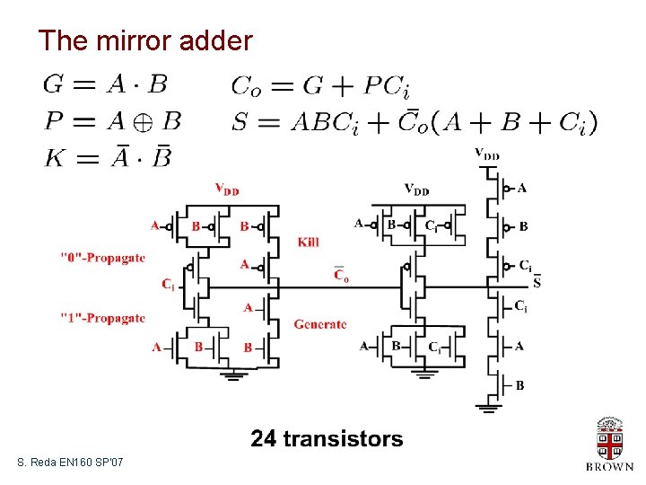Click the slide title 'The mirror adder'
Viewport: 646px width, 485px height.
coord(145,40)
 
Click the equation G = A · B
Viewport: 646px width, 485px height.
coord(105,84)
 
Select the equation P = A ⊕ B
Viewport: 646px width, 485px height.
coord(111,121)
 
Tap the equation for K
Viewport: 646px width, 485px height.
coord(108,158)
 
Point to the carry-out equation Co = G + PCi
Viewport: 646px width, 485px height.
coord(320,86)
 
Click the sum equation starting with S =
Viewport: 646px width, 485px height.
coord(414,121)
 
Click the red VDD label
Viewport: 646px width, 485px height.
coord(227,190)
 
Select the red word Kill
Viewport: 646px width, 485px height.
coord(309,242)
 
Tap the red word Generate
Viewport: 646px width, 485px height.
coord(319,324)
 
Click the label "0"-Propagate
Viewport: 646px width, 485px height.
coord(102,258)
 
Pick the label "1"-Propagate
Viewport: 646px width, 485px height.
coord(102,318)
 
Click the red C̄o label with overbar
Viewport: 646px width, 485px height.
coord(342,275)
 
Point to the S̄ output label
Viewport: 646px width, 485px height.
coord(537,283)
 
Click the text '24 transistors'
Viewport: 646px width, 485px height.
coord(327,438)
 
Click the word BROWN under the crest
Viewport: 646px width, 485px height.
coord(609,466)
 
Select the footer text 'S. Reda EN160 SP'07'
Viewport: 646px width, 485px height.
coord(71,462)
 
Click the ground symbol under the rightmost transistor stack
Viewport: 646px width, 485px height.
coord(489,407)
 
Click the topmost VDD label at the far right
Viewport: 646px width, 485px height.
coord(487,154)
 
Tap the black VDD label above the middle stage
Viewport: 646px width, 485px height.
coord(416,190)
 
